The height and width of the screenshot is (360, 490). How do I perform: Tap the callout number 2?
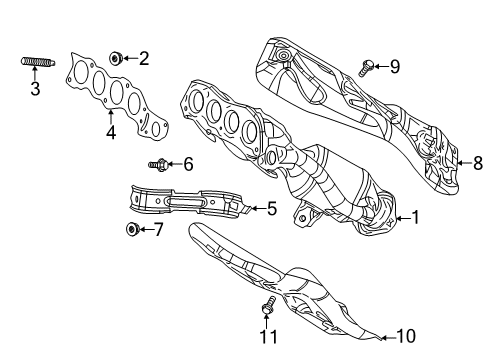coord(144,59)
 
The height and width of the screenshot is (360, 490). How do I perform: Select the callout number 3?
coord(35,90)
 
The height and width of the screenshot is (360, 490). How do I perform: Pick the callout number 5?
coord(271,209)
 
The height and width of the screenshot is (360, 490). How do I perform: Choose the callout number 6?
coord(186,164)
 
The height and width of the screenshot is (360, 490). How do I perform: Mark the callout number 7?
coord(158,230)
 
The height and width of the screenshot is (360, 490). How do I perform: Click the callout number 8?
coord(477,162)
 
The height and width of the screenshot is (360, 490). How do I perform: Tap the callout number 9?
coord(394,67)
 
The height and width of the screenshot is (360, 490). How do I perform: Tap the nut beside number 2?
coord(118,59)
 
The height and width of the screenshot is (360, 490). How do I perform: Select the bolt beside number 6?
coord(158,164)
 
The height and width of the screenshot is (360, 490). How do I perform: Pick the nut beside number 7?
coord(133,230)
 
